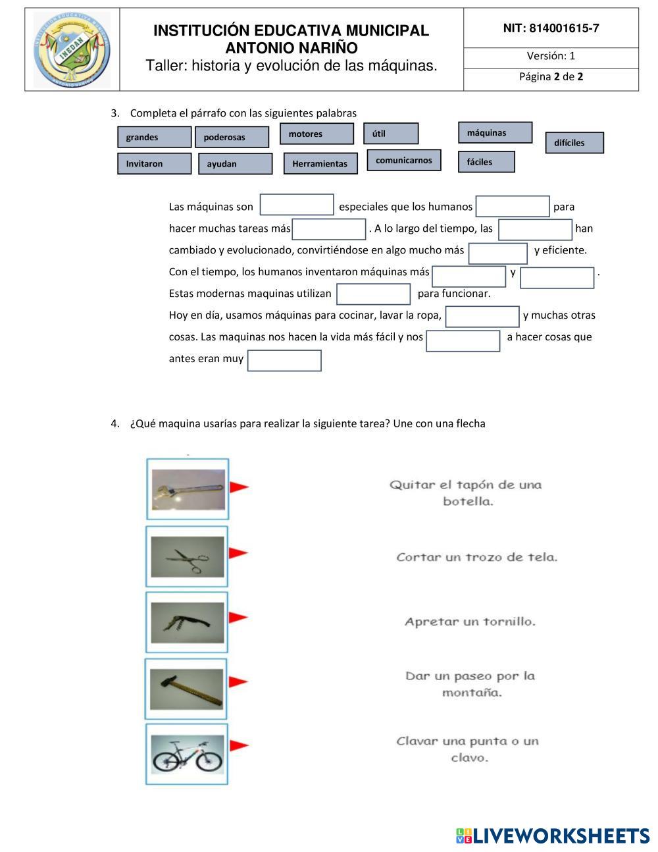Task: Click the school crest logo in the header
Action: point(72,50)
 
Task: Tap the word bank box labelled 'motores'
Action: point(316,134)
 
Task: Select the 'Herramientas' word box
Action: point(320,163)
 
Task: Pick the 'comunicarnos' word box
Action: point(404,160)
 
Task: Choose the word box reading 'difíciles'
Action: point(574,143)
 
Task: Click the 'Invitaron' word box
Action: point(154,163)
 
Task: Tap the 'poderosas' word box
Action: point(232,137)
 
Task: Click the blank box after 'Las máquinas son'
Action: point(297,205)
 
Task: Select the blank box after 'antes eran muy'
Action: point(284,360)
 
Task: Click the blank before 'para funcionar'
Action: point(373,294)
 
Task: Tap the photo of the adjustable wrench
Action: point(188,489)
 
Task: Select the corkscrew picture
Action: point(188,623)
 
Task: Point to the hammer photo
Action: point(187,689)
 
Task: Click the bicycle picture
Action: point(188,755)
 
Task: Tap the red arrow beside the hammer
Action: point(238,682)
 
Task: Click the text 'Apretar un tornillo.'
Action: point(470,622)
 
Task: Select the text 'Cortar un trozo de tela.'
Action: point(476,557)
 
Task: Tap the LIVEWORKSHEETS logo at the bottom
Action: point(553,836)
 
